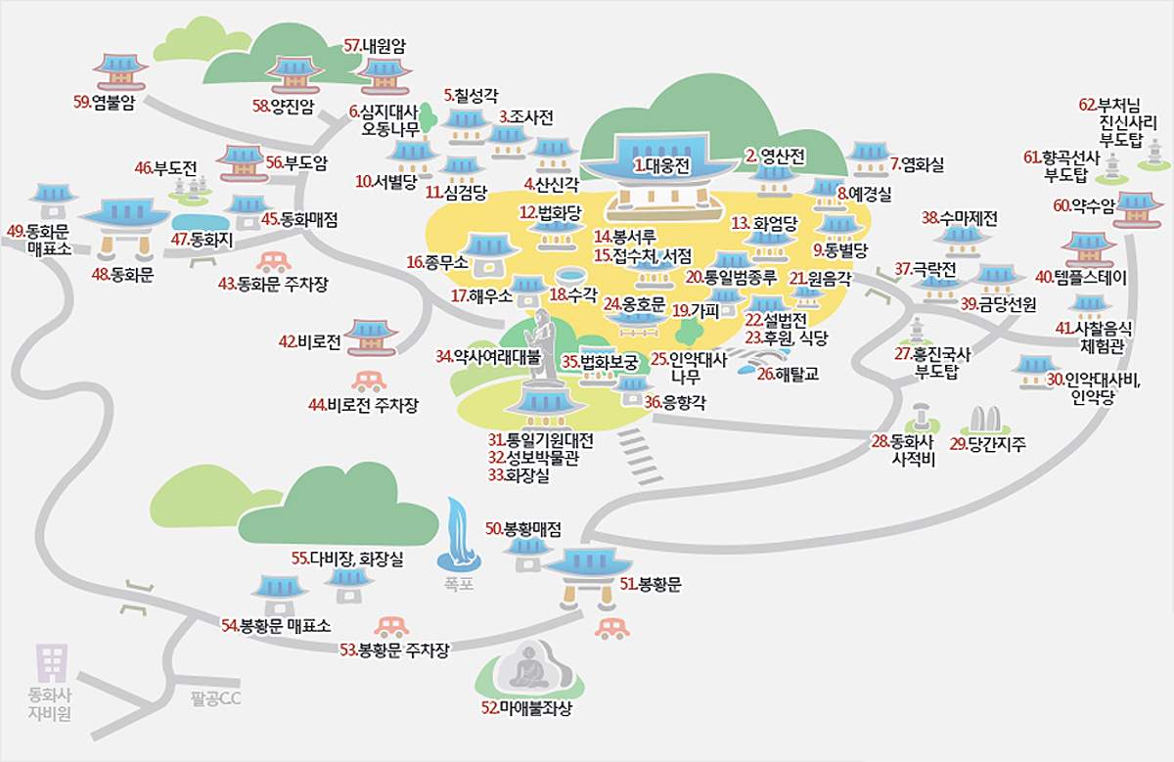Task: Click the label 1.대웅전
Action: click(661, 166)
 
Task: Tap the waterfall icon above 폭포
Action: click(458, 533)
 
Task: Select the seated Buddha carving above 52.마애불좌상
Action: click(527, 667)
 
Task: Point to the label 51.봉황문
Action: click(651, 585)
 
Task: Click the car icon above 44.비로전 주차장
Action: click(368, 381)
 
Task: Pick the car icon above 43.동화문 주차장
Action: click(273, 261)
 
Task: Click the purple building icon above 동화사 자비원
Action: click(50, 662)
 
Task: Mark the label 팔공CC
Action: click(215, 698)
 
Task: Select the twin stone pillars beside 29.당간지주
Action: click(983, 421)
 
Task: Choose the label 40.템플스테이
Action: click(1082, 278)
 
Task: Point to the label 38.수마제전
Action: click(960, 218)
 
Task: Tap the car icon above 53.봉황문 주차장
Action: click(391, 626)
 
